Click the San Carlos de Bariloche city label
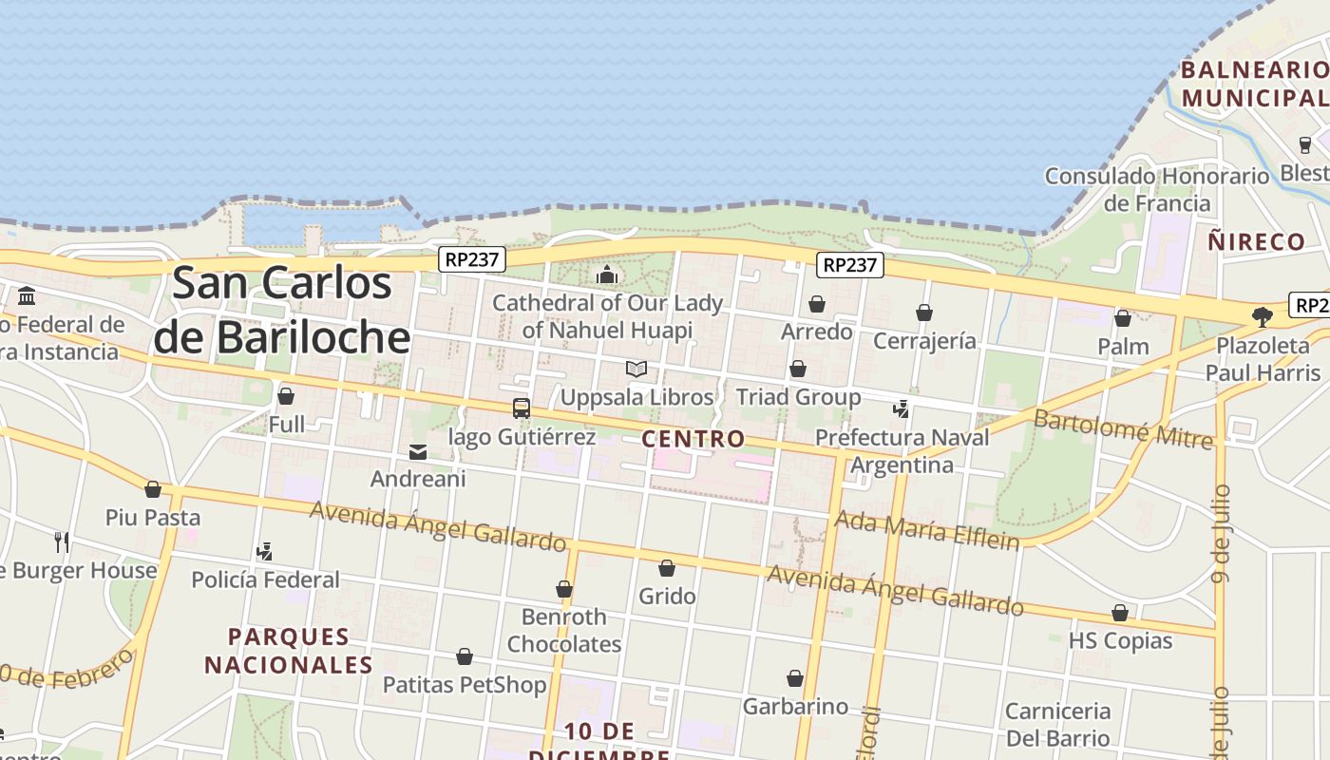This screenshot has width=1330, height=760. (x=282, y=310)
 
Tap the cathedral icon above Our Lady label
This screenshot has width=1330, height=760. (x=607, y=275)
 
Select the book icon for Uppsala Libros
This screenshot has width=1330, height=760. (x=636, y=369)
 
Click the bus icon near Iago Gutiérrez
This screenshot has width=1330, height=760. (x=521, y=408)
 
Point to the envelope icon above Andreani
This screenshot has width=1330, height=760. (x=418, y=451)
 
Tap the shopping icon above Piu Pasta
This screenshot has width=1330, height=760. (x=153, y=490)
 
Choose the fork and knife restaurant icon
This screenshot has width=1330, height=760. (x=62, y=542)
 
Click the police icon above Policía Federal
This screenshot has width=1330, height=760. (x=265, y=551)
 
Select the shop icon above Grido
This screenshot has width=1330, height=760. (x=667, y=569)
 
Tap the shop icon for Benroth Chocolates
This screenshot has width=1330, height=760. (x=564, y=590)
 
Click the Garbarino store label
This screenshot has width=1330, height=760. (x=795, y=707)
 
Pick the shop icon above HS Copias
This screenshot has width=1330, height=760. (x=1120, y=614)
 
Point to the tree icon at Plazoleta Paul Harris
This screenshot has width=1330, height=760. (x=1263, y=317)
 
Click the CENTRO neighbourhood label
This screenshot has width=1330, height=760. (x=693, y=439)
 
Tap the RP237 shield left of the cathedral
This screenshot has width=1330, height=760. (x=472, y=258)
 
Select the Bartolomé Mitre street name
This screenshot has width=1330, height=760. (x=1123, y=428)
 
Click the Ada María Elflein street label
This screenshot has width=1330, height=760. (x=926, y=530)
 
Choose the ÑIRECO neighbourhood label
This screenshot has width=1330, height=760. (x=1257, y=241)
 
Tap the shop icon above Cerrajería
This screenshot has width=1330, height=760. (x=924, y=313)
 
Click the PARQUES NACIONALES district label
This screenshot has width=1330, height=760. (x=289, y=651)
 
